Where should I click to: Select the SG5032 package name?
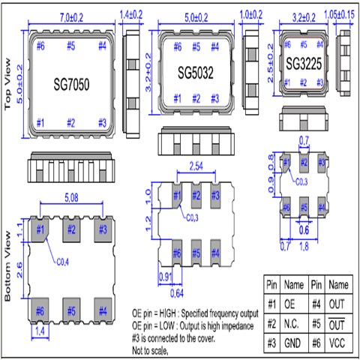(197, 73)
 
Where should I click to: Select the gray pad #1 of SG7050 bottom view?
(39, 229)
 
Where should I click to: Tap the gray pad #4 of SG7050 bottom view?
(103, 308)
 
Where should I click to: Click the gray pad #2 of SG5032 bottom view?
(196, 196)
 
